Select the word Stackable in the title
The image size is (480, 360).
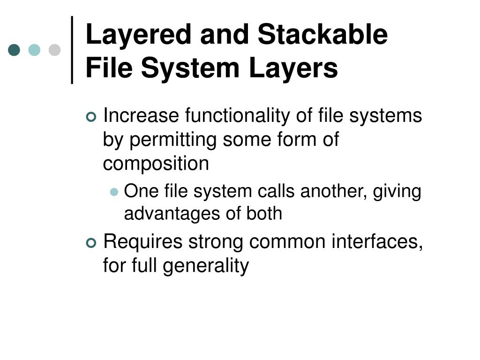[x=323, y=35]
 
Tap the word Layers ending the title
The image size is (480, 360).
[x=295, y=68]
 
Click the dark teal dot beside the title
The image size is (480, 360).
[x=14, y=50]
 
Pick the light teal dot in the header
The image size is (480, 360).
[x=34, y=50]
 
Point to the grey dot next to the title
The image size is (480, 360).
[x=55, y=50]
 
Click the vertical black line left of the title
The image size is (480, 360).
[x=73, y=50]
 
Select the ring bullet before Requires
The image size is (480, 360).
[x=91, y=243]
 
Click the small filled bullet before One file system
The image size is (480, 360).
[x=114, y=192]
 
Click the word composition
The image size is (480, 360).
[x=156, y=164]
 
